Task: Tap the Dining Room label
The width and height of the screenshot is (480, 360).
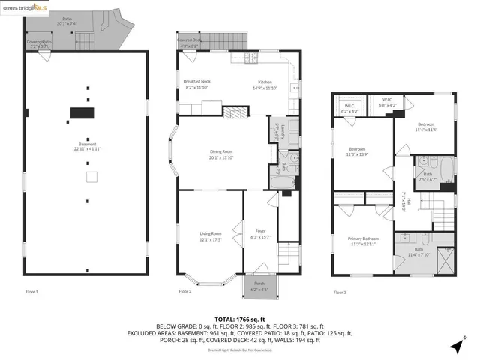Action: (x=222, y=154)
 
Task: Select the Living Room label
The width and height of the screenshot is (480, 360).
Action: (x=210, y=237)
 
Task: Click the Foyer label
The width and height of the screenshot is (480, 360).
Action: (x=260, y=233)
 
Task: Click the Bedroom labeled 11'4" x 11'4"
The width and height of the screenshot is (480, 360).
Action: (x=425, y=126)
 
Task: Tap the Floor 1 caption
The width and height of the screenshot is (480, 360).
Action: (x=31, y=291)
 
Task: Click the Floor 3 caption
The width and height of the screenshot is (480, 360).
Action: (x=340, y=292)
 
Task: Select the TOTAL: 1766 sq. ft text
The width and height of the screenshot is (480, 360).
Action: (x=239, y=319)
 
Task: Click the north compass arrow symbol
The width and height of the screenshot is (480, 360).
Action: (x=454, y=346)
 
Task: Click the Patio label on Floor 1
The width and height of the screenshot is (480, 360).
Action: (x=67, y=20)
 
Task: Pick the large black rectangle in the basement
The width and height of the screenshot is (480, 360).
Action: (x=82, y=112)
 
